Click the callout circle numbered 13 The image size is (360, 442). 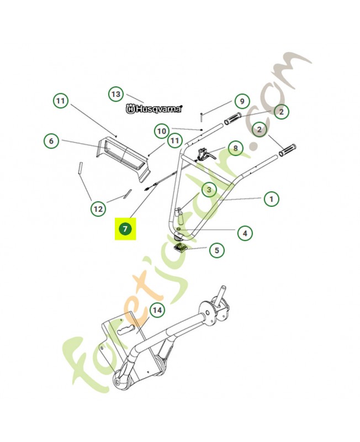point(116,94)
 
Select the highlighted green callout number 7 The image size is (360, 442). point(125,229)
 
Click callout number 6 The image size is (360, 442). point(51,141)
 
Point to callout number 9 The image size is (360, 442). point(242,101)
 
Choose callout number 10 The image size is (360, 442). point(162,131)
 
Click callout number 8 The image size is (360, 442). point(235,148)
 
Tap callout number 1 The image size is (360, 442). point(271,199)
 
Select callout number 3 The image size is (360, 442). point(209,190)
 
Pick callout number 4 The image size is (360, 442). point(245,233)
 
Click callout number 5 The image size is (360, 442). point(216,250)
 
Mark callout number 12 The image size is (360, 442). point(98,209)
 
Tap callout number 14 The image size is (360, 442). point(157,311)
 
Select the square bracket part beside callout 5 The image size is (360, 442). point(179,248)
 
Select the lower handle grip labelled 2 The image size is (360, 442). point(288,149)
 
